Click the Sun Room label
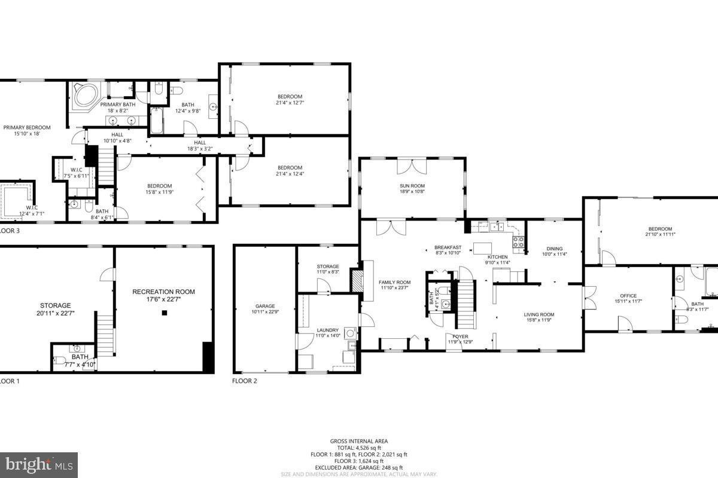pos(412,185)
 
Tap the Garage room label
pos(263,307)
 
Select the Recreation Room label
pos(163,292)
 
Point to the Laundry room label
pos(327,330)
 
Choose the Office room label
pos(628,296)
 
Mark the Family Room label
pos(395,282)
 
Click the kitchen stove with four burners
pos(518,242)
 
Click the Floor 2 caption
pos(244,381)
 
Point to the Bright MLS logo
pos(38,464)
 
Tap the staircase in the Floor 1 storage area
pos(105,335)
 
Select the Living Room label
pos(539,314)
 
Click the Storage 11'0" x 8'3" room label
pos(327,266)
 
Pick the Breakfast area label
pos(448,247)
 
